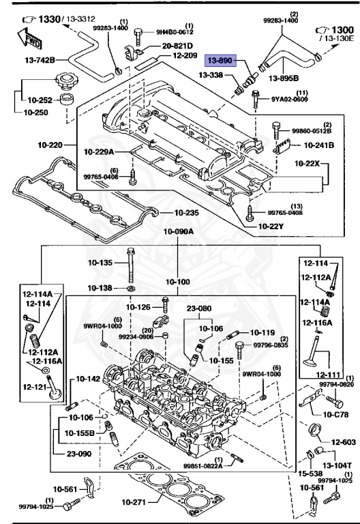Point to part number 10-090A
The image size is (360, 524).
coord(178,231)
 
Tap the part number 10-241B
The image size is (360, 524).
coord(320,144)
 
